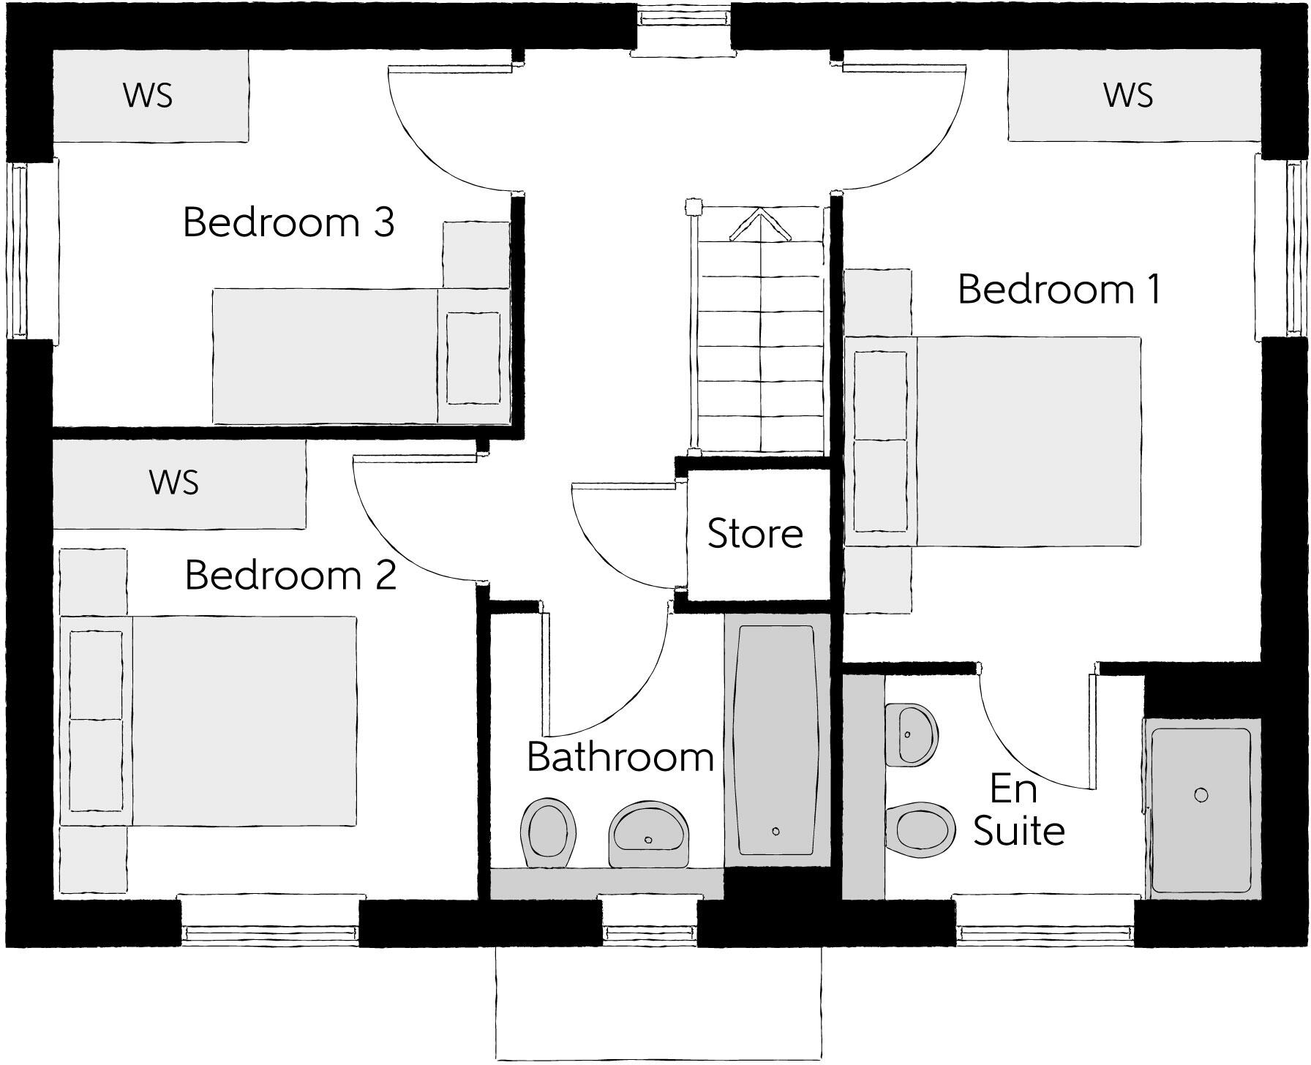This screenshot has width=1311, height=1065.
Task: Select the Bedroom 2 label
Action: pyautogui.click(x=290, y=575)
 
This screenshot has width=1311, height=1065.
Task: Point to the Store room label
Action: pyautogui.click(x=755, y=533)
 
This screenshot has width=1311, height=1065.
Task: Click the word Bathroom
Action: pyautogui.click(x=620, y=757)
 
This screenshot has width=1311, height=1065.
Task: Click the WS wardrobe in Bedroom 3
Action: pyautogui.click(x=149, y=95)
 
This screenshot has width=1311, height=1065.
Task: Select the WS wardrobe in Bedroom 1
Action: pyautogui.click(x=1128, y=95)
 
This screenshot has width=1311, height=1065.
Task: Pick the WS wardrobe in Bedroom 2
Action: pyautogui.click(x=174, y=483)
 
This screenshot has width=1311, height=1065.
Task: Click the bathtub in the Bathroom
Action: pyautogui.click(x=776, y=739)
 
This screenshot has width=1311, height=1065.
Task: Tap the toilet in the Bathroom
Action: pyautogui.click(x=547, y=833)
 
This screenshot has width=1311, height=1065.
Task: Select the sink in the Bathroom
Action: pyautogui.click(x=649, y=835)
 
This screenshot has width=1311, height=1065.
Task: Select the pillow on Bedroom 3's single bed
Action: pyautogui.click(x=473, y=358)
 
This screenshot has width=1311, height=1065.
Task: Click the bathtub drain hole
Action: pyautogui.click(x=775, y=831)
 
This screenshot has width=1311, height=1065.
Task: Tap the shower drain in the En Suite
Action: pyautogui.click(x=1201, y=794)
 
